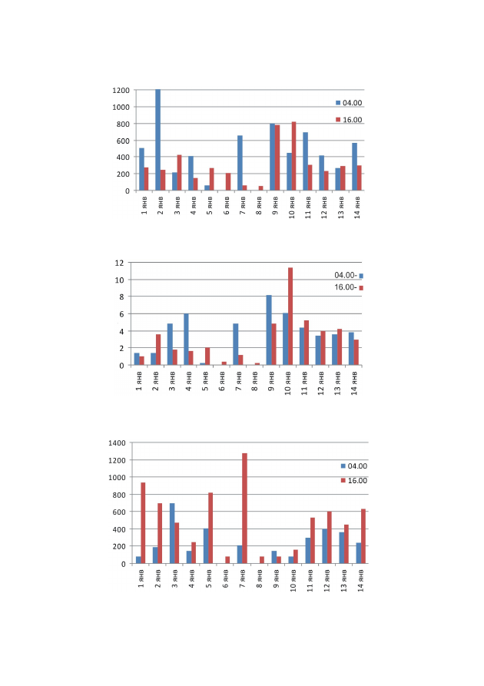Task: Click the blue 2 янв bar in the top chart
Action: tap(158, 140)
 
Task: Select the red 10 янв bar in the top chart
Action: tap(293, 156)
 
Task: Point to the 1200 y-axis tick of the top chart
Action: tap(121, 91)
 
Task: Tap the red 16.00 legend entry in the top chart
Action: tap(349, 120)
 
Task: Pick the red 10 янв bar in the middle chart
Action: tap(290, 316)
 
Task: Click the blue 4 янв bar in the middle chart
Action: tap(186, 340)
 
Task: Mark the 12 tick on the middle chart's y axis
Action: tap(120, 263)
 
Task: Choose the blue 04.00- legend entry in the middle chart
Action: tap(349, 275)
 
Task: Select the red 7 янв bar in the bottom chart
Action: tap(244, 509)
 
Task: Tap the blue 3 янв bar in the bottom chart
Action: tap(172, 533)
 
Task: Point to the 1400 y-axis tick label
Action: tap(117, 443)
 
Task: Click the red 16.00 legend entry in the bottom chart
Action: tap(354, 480)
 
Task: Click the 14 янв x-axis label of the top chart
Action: tap(357, 207)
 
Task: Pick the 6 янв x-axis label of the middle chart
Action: tap(222, 381)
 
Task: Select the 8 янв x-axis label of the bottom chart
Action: tap(260, 578)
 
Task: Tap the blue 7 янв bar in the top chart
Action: tap(240, 163)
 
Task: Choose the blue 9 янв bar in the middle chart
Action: tap(269, 330)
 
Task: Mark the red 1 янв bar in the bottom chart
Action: tap(143, 523)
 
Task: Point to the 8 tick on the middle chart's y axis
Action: tap(121, 297)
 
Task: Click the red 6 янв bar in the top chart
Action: tap(228, 182)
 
